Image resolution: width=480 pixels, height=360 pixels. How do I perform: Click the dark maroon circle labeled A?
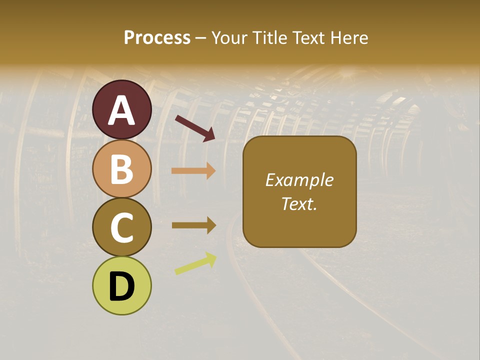122,109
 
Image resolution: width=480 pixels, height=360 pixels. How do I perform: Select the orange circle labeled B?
122,168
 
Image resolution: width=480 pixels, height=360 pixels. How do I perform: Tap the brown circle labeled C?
122,227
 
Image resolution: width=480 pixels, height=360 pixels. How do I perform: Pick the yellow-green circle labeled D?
122,285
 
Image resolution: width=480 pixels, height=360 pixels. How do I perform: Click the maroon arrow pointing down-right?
195,128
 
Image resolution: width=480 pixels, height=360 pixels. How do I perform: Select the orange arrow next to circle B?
193,171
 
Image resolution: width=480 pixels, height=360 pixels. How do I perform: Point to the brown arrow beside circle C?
193,225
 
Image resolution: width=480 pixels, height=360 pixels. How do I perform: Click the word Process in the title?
157,37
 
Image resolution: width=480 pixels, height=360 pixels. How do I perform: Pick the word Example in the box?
299,180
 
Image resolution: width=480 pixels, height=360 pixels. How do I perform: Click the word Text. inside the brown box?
299,203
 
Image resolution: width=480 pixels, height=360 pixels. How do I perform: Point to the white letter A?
122,110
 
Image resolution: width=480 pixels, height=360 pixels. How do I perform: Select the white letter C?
122,228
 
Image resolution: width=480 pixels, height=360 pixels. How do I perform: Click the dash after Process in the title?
200,38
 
